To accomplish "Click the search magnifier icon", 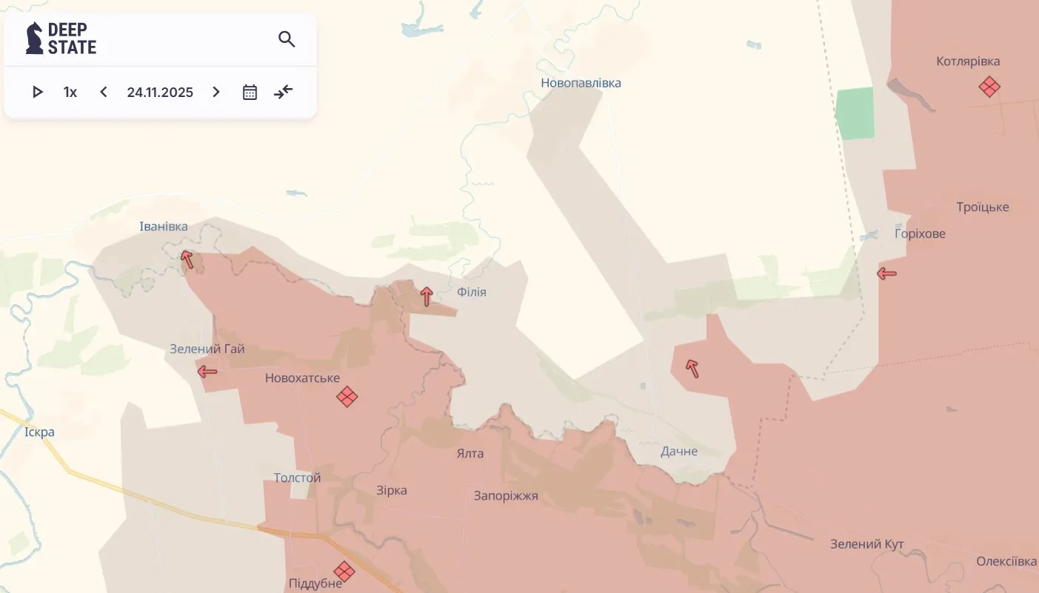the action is (287, 39).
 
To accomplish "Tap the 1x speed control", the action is (70, 92).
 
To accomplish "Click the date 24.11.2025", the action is (160, 92).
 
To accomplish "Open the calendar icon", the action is (250, 92).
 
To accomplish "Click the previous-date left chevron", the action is (104, 92).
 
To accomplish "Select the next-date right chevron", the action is (216, 92).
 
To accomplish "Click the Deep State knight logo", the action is (34, 38).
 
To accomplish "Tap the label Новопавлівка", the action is (581, 83).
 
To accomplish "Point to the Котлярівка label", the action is (968, 61).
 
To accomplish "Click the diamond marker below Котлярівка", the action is (989, 87).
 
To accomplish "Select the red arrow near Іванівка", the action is (187, 259).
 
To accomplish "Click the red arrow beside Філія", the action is (427, 297).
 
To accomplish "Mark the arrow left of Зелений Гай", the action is (207, 371).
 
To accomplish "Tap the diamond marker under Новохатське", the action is (347, 397).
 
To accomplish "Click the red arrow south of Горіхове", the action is (886, 274).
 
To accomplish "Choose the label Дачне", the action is (679, 451).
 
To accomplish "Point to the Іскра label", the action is (39, 432).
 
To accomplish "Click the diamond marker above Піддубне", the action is (344, 571).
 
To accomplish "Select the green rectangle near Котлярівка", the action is (855, 113).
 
